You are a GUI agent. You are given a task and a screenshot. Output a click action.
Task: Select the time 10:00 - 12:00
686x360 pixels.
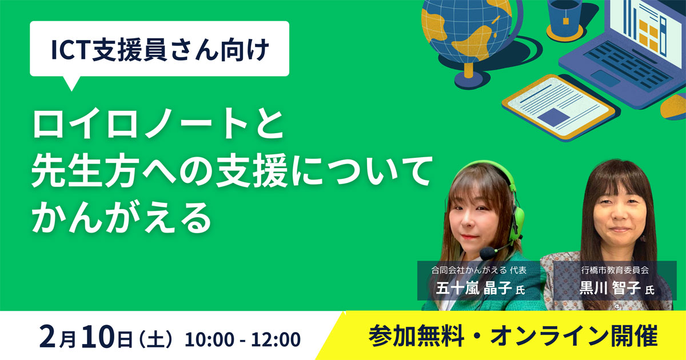[x=242, y=339]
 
